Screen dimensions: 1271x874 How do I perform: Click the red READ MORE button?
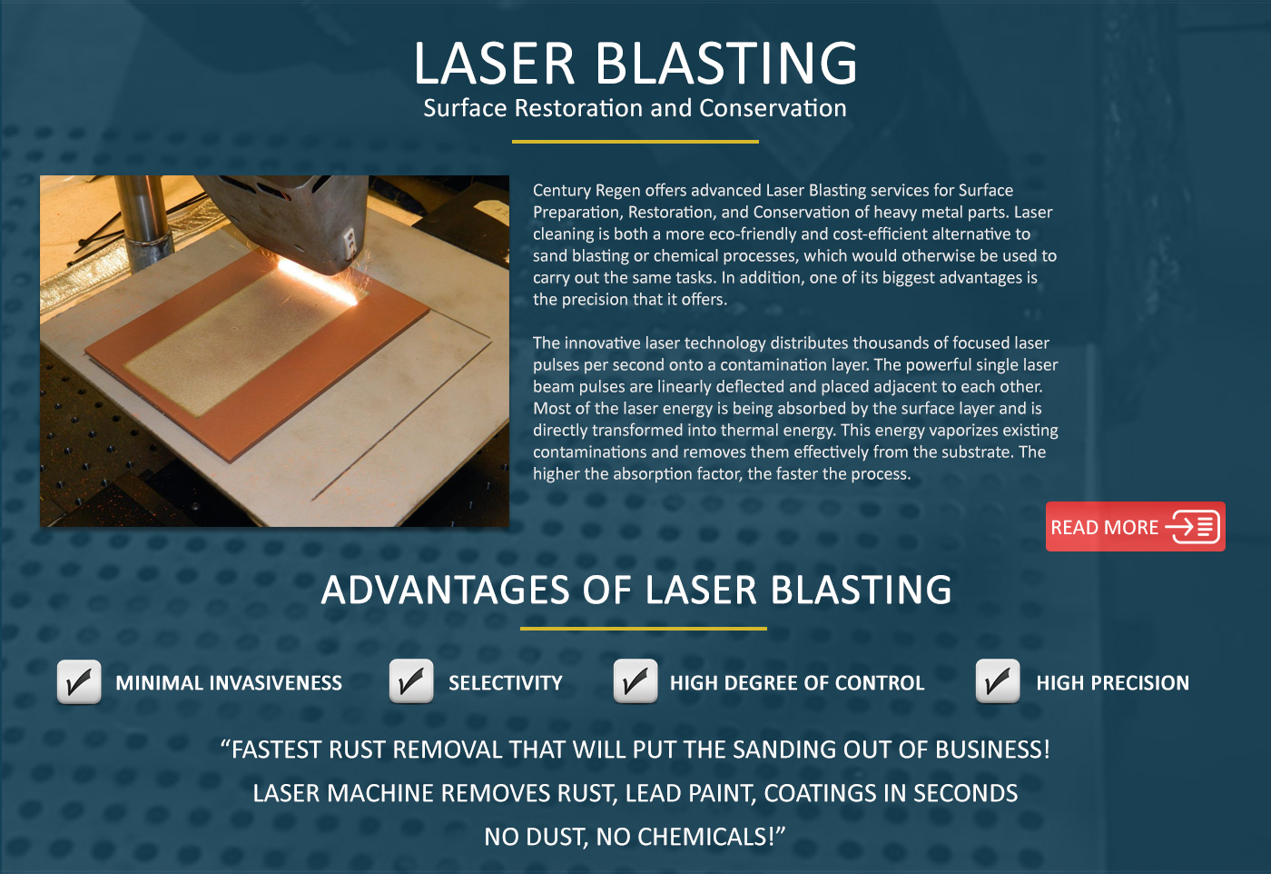tap(1136, 526)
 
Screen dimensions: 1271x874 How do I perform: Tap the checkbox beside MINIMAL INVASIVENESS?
tap(79, 681)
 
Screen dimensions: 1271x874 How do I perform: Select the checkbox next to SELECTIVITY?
tap(411, 680)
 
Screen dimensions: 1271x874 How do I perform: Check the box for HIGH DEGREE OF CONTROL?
tap(635, 680)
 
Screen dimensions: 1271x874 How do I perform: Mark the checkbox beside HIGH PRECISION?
tap(998, 680)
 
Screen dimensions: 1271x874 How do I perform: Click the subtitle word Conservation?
tap(773, 108)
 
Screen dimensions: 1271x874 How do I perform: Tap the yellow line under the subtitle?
tap(635, 142)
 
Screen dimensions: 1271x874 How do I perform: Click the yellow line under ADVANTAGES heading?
tap(644, 629)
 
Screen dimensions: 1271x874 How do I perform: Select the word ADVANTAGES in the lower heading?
tap(446, 590)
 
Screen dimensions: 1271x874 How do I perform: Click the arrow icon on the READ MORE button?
tap(1191, 526)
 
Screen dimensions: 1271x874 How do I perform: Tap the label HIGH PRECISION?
tap(1113, 682)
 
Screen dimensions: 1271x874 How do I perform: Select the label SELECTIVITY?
tap(506, 682)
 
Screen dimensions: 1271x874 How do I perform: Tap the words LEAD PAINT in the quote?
tap(691, 793)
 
